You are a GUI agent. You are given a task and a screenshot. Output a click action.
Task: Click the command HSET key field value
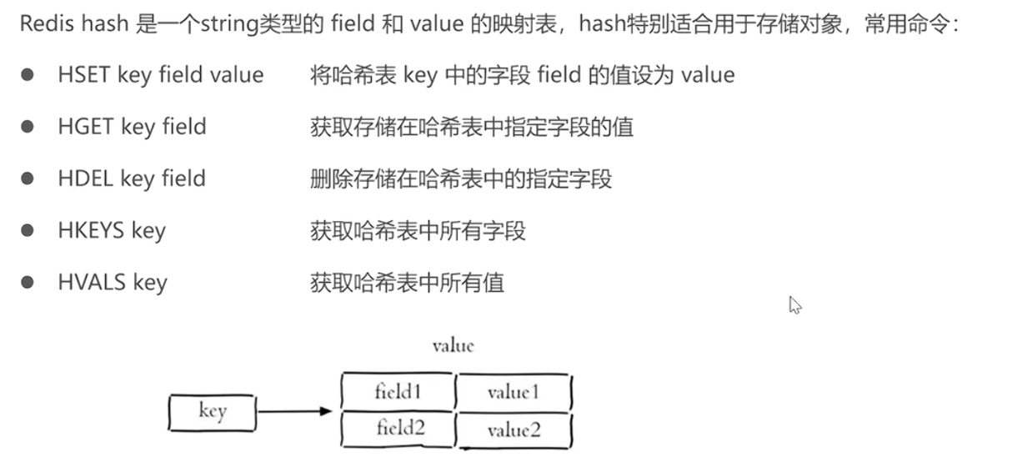click(x=160, y=75)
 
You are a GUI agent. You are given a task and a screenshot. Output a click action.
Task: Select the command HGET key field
click(x=132, y=127)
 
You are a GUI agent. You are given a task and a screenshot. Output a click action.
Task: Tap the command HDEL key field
click(x=132, y=178)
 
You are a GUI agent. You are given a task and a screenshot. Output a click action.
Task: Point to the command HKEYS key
click(x=112, y=230)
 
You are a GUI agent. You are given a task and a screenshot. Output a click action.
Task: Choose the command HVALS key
click(x=113, y=282)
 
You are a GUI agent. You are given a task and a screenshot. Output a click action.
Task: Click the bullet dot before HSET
click(x=28, y=75)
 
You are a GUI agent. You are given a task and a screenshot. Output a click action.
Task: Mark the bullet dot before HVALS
click(x=28, y=282)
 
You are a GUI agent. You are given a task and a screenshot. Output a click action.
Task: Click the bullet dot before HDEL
click(x=28, y=178)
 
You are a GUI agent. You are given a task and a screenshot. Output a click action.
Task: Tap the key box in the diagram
click(x=212, y=411)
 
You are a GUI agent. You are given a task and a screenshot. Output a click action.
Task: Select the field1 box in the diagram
click(x=398, y=391)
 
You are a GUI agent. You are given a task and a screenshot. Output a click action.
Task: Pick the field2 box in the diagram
click(x=399, y=429)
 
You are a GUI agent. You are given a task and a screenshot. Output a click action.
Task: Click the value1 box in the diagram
click(x=514, y=391)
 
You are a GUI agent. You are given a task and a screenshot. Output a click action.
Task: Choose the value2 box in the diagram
click(x=514, y=429)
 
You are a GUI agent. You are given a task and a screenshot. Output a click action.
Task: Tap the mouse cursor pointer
click(x=794, y=305)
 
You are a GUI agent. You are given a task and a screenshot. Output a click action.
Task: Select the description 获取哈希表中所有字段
click(x=418, y=230)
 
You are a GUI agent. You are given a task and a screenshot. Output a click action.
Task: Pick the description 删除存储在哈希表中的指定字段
click(x=461, y=178)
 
